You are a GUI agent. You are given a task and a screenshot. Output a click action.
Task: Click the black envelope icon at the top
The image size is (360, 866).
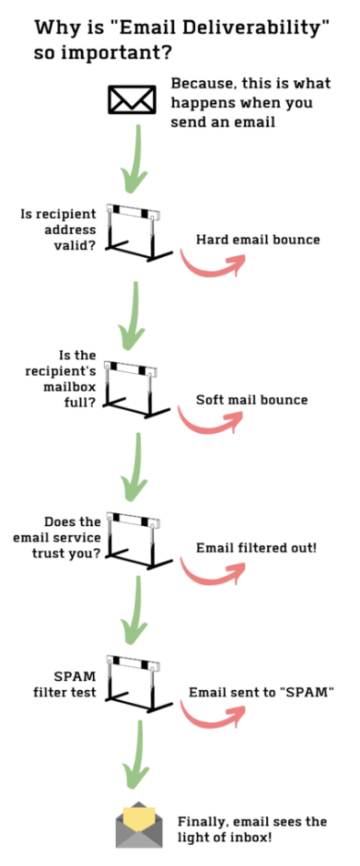pyautogui.click(x=132, y=99)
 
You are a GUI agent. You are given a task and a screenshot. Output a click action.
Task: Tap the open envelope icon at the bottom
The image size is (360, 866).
pyautogui.click(x=139, y=824)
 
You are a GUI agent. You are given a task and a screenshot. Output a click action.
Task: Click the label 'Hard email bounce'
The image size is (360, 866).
pyautogui.click(x=258, y=240)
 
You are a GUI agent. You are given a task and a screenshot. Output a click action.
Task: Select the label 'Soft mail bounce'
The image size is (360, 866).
pyautogui.click(x=252, y=399)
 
